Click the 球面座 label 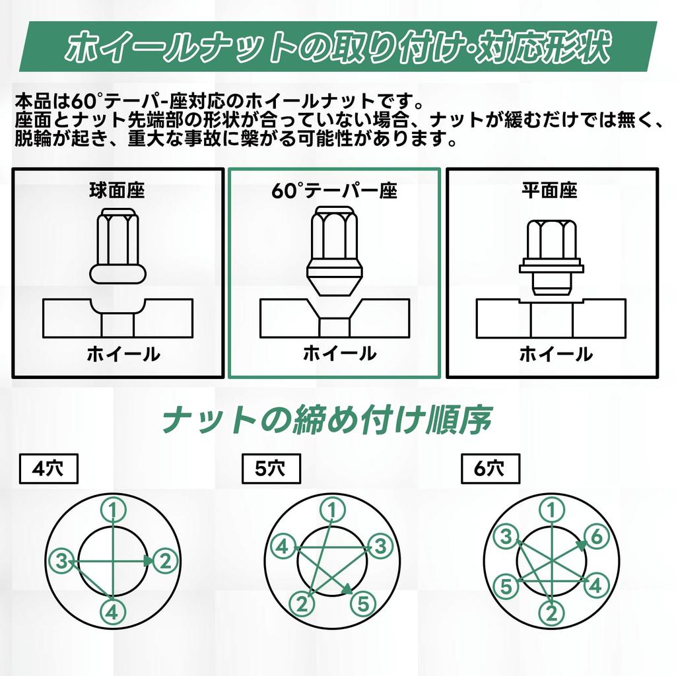(117, 191)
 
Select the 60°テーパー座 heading (334, 191)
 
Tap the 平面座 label (550, 191)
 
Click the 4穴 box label (48, 469)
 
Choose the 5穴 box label (271, 469)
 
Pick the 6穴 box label (490, 469)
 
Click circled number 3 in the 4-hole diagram (63, 561)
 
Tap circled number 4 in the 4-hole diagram (113, 612)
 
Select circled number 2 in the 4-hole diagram (165, 561)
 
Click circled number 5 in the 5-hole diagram (364, 603)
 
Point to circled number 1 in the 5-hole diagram (333, 511)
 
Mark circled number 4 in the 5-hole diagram (283, 547)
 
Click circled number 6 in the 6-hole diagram (596, 537)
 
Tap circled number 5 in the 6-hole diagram (506, 586)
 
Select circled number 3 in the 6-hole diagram (506, 537)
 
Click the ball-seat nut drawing (118, 246)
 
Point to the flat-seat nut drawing (551, 257)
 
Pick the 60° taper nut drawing (335, 251)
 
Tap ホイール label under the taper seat (340, 354)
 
